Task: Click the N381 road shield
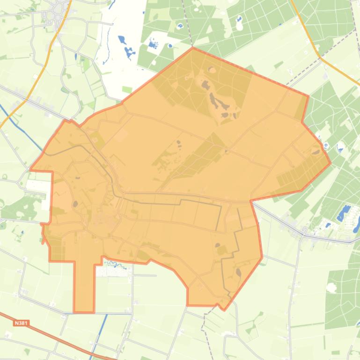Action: click(20, 323)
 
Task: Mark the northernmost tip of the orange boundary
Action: click(193, 48)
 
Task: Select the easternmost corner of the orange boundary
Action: click(331, 163)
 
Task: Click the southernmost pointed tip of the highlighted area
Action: click(224, 310)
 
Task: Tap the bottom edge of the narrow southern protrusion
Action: click(84, 312)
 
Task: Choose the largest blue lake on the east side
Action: click(344, 213)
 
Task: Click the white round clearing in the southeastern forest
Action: click(332, 288)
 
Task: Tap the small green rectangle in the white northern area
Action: click(127, 89)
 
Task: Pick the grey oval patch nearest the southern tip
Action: click(238, 273)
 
